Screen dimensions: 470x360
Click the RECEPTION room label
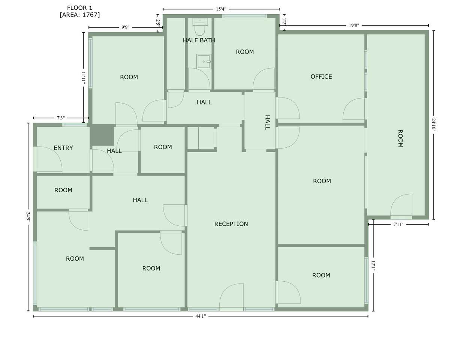(x=231, y=224)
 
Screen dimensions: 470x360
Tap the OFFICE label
(x=321, y=76)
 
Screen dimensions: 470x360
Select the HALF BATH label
(x=199, y=40)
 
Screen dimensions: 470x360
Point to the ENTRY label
(x=63, y=148)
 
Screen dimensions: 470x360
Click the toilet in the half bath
(x=200, y=27)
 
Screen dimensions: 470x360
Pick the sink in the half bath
(x=204, y=61)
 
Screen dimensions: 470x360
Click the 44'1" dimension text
(x=201, y=316)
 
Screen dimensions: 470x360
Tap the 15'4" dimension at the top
(x=221, y=9)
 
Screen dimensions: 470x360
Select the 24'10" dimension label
(x=433, y=125)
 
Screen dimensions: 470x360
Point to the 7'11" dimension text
(x=398, y=224)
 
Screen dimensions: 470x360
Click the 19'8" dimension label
(x=354, y=25)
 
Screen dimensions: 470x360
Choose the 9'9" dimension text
(x=125, y=27)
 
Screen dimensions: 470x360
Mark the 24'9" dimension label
(x=28, y=217)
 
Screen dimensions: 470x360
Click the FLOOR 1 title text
(x=79, y=8)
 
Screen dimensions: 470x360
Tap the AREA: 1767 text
(x=80, y=15)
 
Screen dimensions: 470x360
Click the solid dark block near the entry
(x=102, y=135)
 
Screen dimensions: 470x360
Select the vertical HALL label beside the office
(x=268, y=123)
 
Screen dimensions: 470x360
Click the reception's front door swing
(x=231, y=295)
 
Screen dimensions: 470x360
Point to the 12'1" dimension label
(x=373, y=267)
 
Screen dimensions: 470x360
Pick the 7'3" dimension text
(x=61, y=118)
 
